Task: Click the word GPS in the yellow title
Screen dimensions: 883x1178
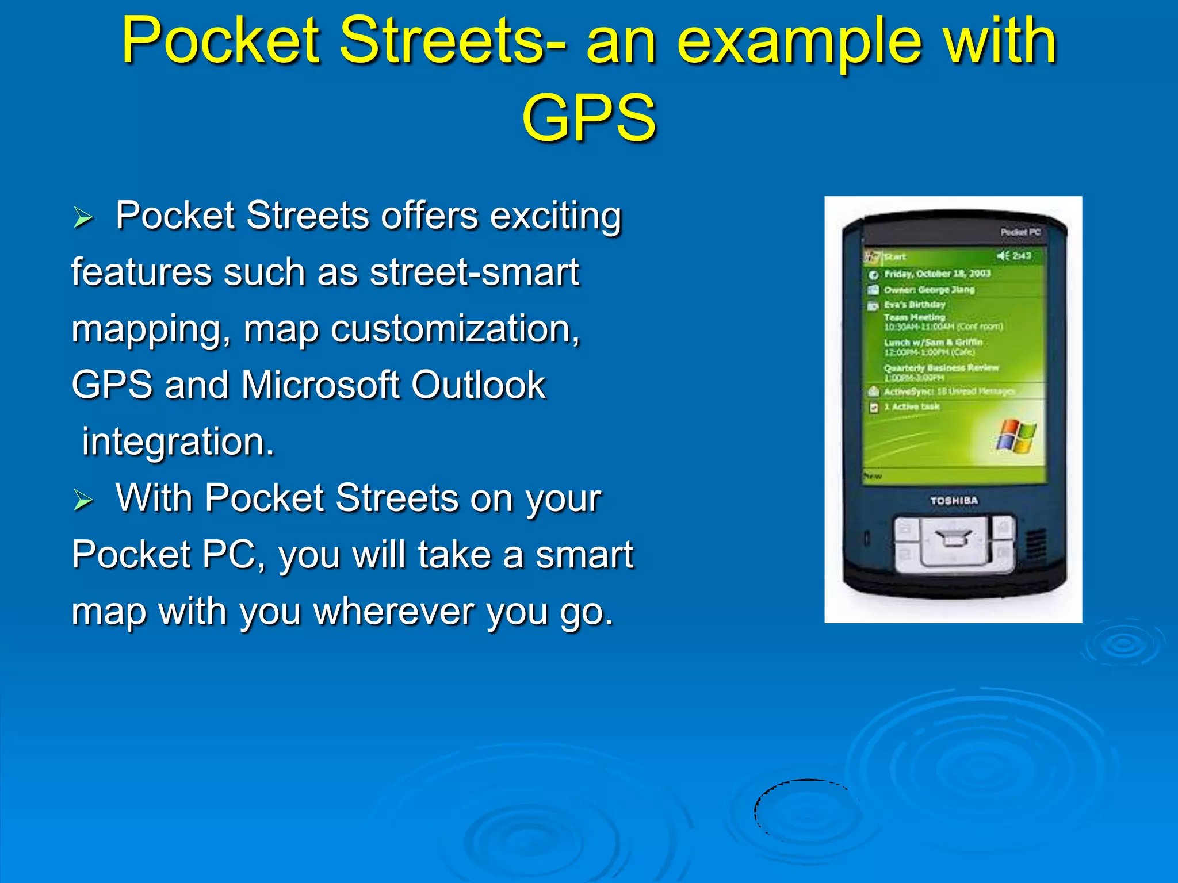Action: [588, 118]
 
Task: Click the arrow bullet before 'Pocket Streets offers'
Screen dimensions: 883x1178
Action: [83, 218]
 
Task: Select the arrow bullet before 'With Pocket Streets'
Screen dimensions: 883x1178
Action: [83, 500]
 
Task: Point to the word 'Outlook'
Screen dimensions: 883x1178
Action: [478, 385]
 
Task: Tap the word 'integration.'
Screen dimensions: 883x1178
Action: [178, 441]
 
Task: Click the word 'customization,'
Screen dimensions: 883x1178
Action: [455, 329]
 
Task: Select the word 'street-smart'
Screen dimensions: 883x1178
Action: [475, 272]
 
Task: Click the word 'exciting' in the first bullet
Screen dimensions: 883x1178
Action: [555, 216]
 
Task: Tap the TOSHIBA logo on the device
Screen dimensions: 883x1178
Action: [954, 501]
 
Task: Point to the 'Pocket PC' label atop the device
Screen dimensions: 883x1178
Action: [1020, 232]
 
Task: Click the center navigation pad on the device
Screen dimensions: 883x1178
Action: [954, 541]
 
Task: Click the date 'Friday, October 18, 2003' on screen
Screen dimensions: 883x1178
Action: [937, 274]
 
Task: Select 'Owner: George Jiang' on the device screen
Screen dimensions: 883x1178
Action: [929, 290]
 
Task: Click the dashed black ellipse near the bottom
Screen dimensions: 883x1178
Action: [808, 811]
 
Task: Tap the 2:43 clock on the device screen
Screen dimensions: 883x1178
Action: [1021, 256]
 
